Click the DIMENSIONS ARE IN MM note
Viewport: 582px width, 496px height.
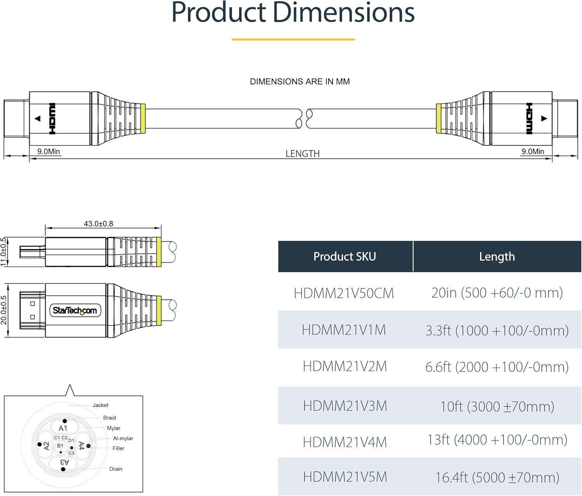pos(300,82)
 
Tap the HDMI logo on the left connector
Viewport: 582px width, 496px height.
pos(52,119)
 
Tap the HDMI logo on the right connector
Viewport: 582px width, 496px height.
pos(529,119)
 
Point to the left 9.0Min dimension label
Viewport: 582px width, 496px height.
pos(49,152)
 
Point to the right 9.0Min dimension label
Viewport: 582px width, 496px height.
pos(533,152)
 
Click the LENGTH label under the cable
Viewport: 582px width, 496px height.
pos(303,154)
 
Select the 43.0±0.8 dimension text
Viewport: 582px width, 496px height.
pos(99,224)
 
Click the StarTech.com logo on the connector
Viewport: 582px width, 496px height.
pos(75,311)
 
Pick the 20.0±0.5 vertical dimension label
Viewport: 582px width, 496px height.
pos(3,310)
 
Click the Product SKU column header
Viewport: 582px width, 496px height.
pos(345,256)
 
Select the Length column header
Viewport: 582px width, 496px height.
pos(497,257)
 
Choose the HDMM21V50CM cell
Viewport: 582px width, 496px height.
pos(344,293)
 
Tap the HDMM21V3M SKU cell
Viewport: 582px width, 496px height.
pos(345,406)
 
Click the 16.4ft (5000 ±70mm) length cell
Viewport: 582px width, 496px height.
pos(497,477)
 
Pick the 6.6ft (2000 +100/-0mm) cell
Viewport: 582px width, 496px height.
pos(497,367)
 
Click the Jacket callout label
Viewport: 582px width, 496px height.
pos(100,405)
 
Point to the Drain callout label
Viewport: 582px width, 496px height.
pos(116,469)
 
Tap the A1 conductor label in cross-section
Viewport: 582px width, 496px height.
pos(63,428)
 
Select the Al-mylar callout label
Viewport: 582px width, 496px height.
pos(123,438)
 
